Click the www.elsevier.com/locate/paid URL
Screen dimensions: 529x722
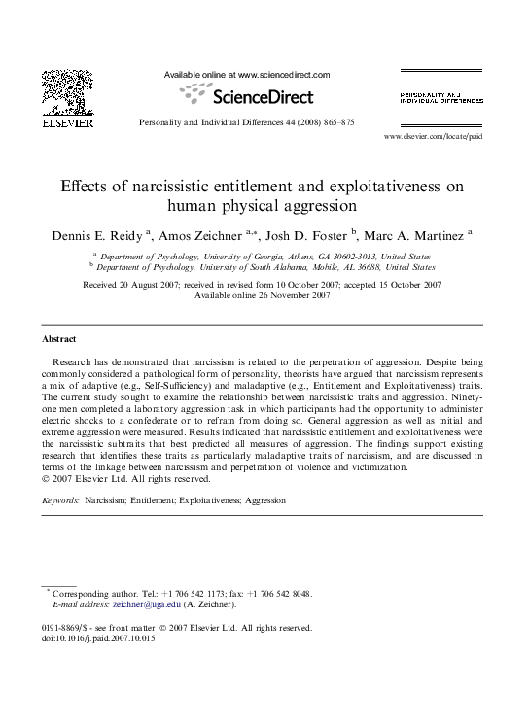coord(433,138)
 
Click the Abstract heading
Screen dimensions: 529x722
coord(59,339)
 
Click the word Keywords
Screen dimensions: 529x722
coord(60,500)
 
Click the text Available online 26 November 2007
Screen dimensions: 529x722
coord(263,294)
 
